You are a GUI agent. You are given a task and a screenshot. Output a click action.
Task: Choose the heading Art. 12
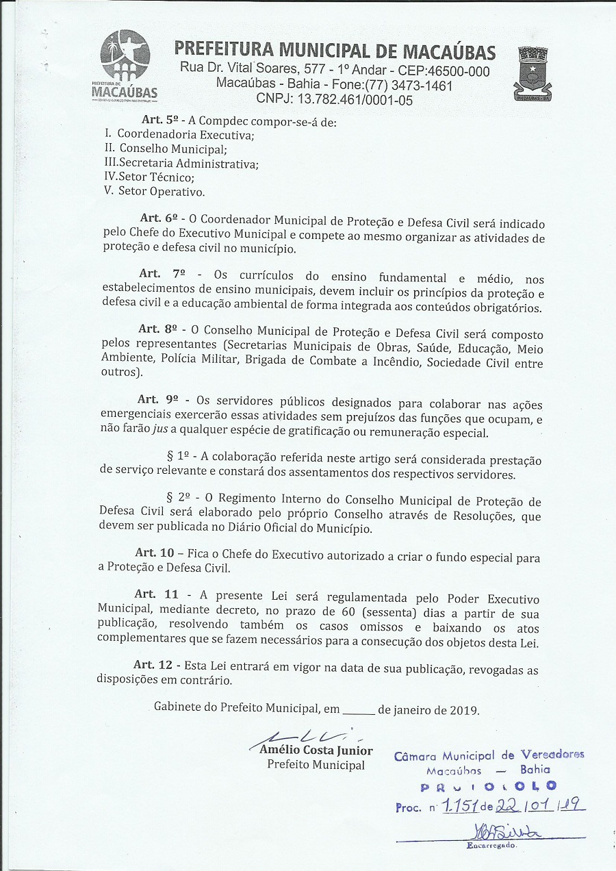(155, 665)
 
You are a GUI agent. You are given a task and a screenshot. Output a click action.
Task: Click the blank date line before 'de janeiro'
(357, 710)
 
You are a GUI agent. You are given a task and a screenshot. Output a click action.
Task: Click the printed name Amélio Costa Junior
(316, 750)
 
